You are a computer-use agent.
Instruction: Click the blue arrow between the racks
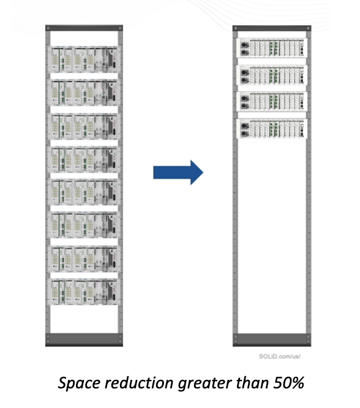pos(178,172)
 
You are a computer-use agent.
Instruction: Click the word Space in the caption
pos(79,383)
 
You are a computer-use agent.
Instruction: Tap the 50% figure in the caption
pos(288,383)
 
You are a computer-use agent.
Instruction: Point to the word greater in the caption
pos(205,384)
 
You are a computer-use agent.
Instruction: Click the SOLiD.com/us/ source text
pos(280,356)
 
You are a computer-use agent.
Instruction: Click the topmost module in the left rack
pos(84,59)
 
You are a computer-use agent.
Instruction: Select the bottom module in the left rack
pos(84,292)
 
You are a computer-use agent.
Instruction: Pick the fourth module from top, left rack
pos(84,159)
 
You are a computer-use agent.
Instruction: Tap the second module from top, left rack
pos(84,93)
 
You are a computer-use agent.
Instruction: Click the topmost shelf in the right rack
pos(272,48)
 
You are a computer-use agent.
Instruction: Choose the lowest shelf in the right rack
pos(272,129)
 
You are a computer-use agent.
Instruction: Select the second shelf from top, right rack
pos(272,75)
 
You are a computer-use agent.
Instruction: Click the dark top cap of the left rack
pos(84,28)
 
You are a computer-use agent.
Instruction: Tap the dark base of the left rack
pos(84,339)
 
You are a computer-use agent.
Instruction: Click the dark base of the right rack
pos(272,339)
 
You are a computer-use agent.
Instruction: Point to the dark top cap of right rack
pos(272,28)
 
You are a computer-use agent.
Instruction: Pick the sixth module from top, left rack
pos(84,225)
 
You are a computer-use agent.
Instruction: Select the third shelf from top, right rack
pos(272,102)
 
